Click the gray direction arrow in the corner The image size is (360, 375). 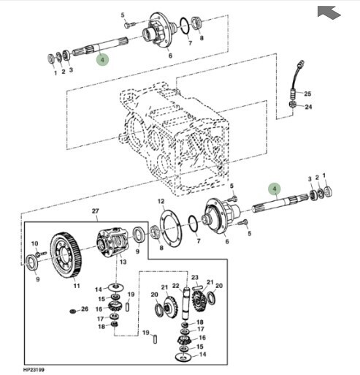tap(329, 12)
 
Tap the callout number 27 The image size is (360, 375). tap(96, 211)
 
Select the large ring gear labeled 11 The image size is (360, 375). tap(66, 255)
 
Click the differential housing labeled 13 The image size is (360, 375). tap(112, 241)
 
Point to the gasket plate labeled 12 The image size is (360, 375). tap(171, 229)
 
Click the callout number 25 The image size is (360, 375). tap(307, 94)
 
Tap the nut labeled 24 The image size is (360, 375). tap(292, 105)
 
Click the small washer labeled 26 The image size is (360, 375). tap(72, 311)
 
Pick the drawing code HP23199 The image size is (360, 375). tap(34, 370)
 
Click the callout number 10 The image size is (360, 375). tap(35, 243)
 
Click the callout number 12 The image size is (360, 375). tap(161, 201)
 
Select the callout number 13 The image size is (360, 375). tap(123, 262)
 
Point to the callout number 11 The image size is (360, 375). tap(77, 286)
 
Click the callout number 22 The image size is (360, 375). tap(176, 286)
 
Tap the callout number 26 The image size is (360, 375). tap(85, 309)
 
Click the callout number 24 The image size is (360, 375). tap(308, 107)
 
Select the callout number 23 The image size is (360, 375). tap(195, 277)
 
